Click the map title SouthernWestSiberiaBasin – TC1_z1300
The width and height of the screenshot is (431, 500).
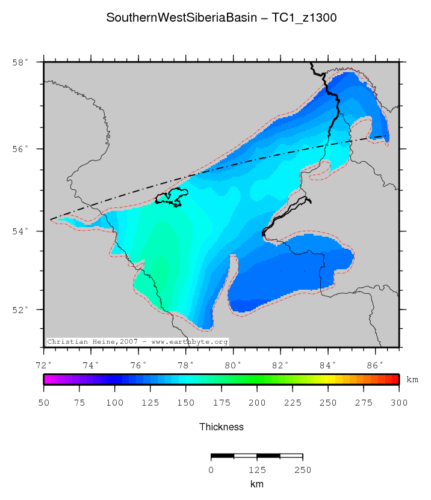pyautogui.click(x=221, y=18)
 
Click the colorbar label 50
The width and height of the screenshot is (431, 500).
pyautogui.click(x=44, y=402)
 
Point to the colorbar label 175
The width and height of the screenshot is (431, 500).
pyautogui.click(x=222, y=402)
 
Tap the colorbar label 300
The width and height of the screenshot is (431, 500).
pyautogui.click(x=399, y=402)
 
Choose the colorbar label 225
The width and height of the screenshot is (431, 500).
pyautogui.click(x=293, y=402)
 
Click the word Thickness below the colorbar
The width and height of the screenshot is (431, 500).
pyautogui.click(x=221, y=427)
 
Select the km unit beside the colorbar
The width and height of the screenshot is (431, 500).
pyautogui.click(x=412, y=380)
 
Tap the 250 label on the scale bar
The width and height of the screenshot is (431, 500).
pyautogui.click(x=302, y=470)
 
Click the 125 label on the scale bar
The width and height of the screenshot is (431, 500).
pyautogui.click(x=256, y=470)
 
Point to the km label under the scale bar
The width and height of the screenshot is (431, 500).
pyautogui.click(x=256, y=484)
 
